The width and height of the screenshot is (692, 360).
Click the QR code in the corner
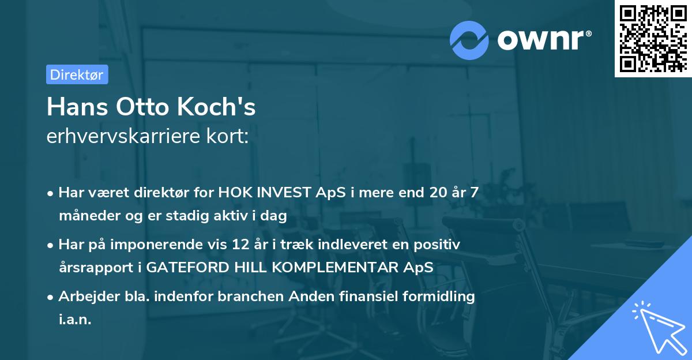[653, 39]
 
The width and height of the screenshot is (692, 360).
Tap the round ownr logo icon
[469, 40]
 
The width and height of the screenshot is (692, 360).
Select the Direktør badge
[77, 74]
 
